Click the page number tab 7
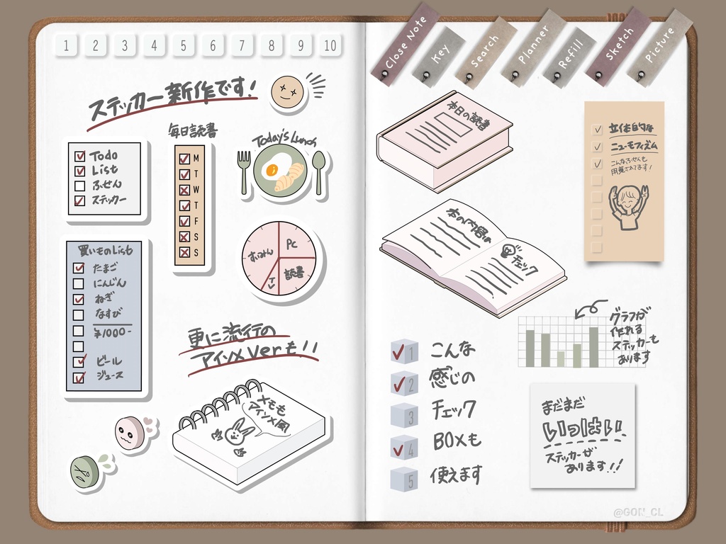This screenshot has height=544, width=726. (242, 46)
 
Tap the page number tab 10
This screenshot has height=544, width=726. (330, 46)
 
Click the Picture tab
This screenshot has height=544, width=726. (659, 46)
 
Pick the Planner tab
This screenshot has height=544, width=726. (532, 47)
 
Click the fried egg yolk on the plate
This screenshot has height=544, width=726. (270, 170)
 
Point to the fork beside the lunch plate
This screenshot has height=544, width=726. (244, 170)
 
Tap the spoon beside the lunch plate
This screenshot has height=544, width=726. (319, 170)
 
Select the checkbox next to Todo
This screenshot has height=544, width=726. (80, 155)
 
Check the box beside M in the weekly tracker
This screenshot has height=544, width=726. (184, 159)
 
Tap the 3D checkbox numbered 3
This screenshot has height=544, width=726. (402, 414)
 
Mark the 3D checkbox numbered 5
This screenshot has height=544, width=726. (402, 478)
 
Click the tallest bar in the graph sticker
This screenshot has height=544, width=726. (593, 347)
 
